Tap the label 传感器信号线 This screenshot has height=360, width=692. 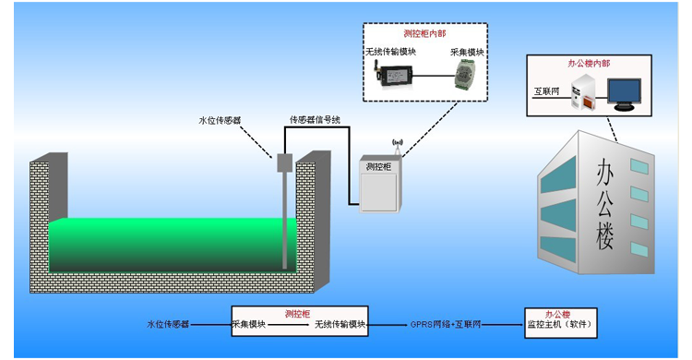coord(316,119)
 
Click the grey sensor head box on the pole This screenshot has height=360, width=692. coord(284,163)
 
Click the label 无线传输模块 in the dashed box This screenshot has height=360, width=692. coord(391,52)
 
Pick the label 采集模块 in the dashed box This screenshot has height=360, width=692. coord(466,53)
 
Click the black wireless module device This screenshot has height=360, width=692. coord(392,75)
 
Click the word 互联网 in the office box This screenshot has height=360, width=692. coord(548,92)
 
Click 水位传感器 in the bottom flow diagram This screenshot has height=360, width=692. coord(168,325)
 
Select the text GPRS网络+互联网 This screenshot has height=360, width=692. coord(447,325)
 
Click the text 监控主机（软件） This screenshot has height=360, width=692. coord(558,325)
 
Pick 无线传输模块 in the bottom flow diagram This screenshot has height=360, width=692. coord(340,325)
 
